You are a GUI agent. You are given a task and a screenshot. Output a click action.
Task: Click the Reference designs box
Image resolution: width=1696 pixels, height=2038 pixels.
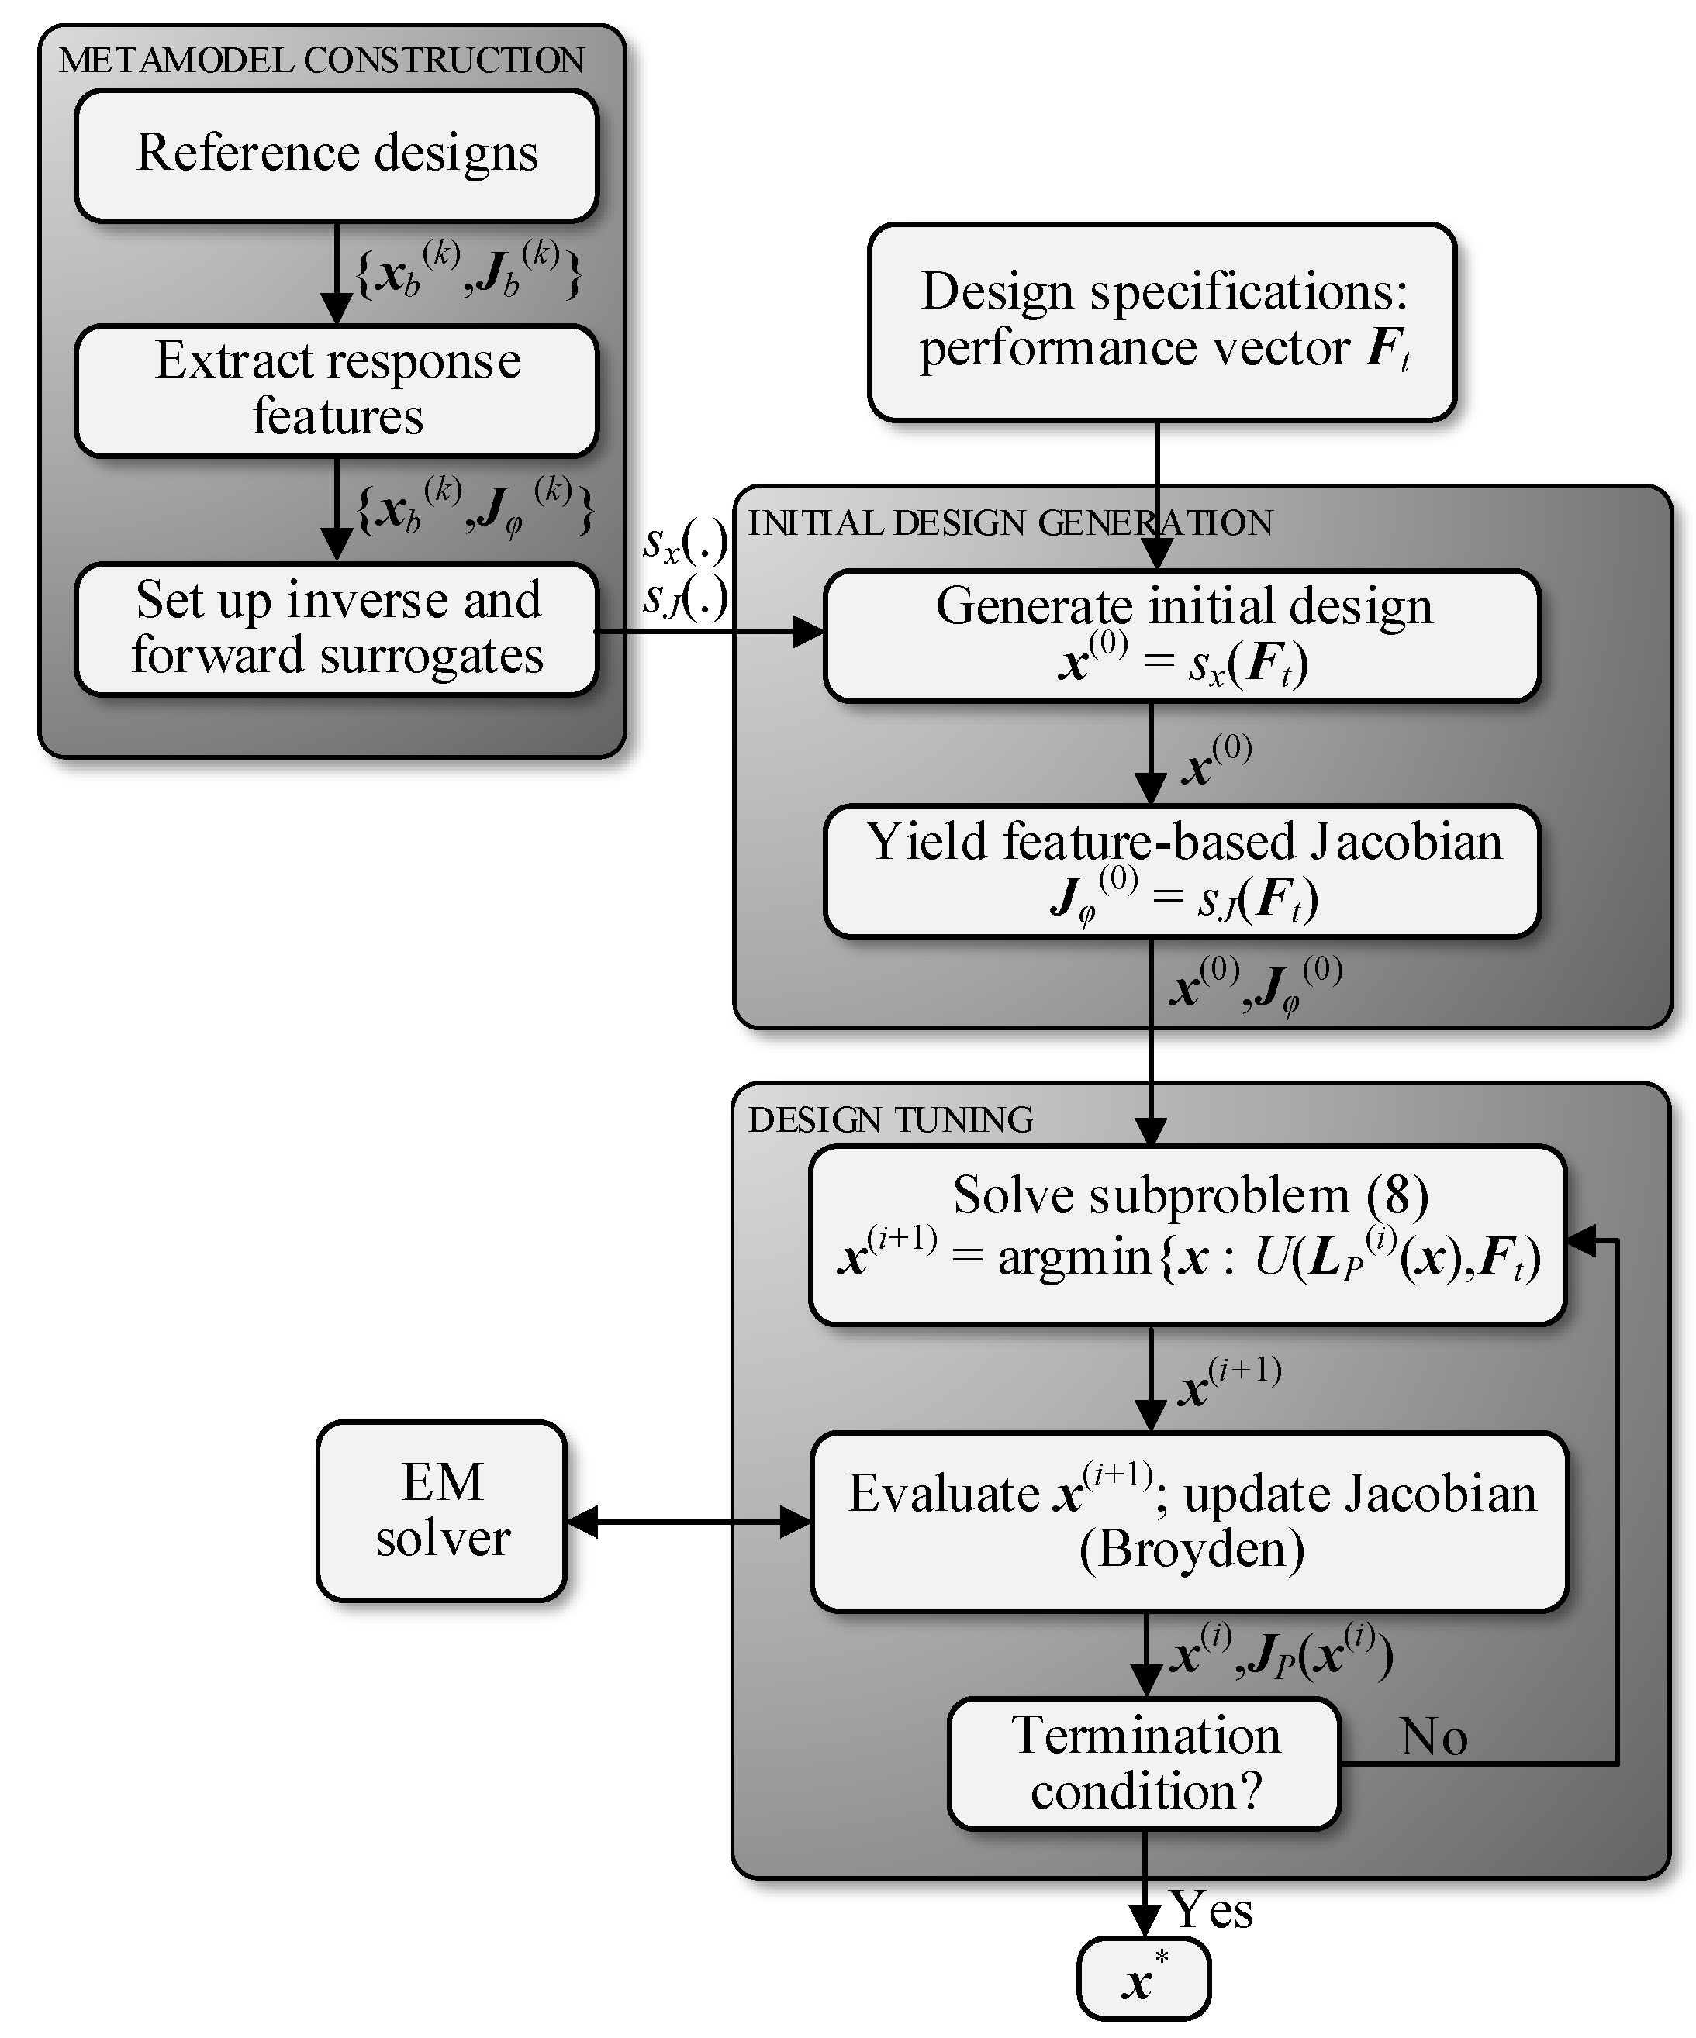[x=336, y=155]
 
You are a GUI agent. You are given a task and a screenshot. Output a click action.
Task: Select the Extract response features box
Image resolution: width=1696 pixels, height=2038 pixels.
[x=336, y=390]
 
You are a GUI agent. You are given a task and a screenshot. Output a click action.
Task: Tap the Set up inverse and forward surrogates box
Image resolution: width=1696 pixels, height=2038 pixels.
[x=336, y=628]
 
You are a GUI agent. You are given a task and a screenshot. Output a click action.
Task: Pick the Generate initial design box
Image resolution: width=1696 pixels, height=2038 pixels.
[x=1182, y=635]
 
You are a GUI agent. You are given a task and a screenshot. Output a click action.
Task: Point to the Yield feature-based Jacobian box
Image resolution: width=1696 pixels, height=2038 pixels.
[x=1182, y=871]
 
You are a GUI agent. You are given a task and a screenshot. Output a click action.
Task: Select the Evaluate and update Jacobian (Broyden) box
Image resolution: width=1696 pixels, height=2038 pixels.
[x=1190, y=1521]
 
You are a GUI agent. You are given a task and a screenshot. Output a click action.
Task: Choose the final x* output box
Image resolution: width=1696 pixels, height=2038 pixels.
[x=1144, y=1980]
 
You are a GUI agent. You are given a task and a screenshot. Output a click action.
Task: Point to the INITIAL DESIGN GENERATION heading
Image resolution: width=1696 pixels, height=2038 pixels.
[x=1010, y=523]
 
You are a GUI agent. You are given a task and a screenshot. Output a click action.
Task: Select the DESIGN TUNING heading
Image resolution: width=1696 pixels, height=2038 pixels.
[x=890, y=1120]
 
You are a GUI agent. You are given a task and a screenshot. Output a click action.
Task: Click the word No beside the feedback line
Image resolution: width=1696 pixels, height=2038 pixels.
[x=1433, y=1736]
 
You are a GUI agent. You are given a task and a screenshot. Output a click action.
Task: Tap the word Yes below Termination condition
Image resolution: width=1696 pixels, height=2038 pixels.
[x=1211, y=1910]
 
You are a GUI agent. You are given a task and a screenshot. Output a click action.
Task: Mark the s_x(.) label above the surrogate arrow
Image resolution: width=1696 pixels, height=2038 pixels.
[x=685, y=543]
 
